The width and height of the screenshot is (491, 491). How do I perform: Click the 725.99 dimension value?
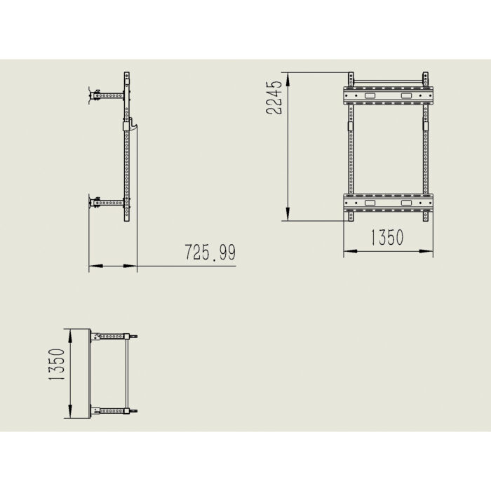(x=209, y=253)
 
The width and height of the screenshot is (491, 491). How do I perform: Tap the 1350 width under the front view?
(x=386, y=238)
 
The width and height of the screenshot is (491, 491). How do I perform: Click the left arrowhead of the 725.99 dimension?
(x=95, y=267)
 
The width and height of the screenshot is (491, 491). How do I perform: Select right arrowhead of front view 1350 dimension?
(x=428, y=251)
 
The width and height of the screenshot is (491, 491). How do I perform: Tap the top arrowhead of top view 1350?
(x=71, y=332)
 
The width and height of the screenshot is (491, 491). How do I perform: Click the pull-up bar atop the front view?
(x=388, y=78)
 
